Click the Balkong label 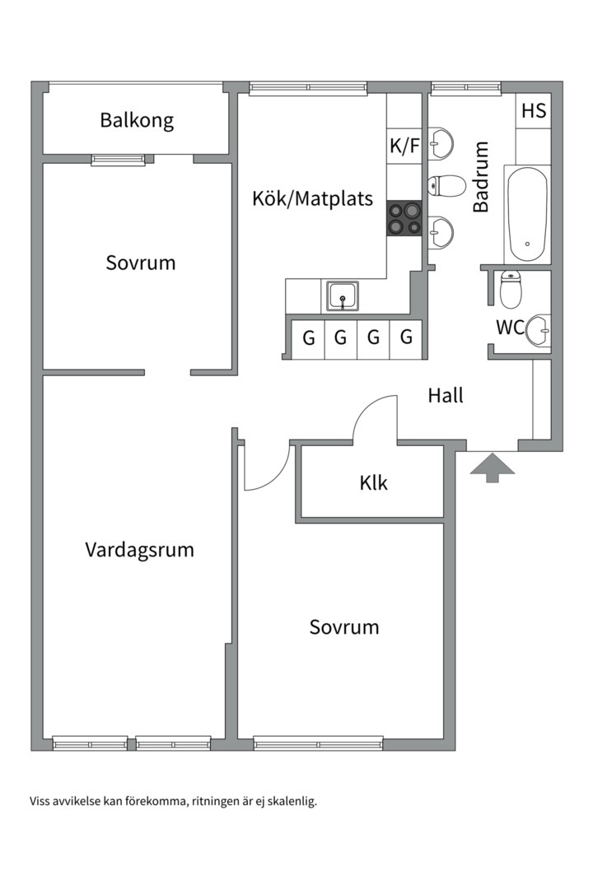[137, 120]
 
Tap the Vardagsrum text [139, 550]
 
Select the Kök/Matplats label [312, 198]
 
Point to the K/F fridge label [404, 147]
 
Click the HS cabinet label [533, 110]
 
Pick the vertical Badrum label [481, 177]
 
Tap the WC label [510, 328]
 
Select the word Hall [445, 395]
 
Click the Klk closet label [373, 482]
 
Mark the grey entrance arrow [493, 467]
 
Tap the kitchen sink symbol [342, 296]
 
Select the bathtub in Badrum [527, 215]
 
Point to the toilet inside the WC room [511, 289]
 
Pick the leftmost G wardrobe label [309, 337]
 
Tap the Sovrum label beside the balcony [141, 263]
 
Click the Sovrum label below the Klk [344, 627]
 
